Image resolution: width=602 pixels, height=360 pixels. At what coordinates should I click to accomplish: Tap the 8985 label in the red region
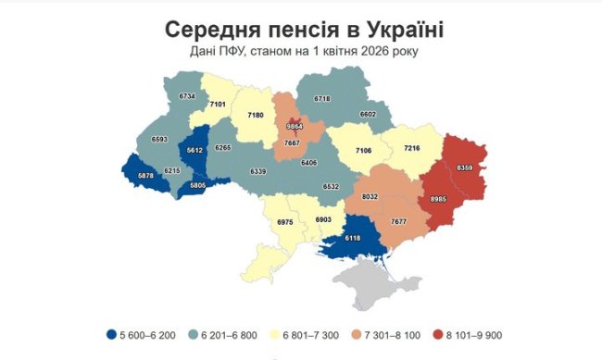click(439, 198)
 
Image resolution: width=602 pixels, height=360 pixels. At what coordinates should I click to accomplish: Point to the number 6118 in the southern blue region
click(352, 238)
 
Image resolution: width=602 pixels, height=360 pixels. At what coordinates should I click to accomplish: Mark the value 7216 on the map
click(411, 148)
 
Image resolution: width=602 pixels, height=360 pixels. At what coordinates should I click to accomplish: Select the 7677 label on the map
click(399, 222)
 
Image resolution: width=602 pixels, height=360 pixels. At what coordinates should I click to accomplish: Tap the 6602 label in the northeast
click(368, 114)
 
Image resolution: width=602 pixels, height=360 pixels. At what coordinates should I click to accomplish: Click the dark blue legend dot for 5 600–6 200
click(111, 335)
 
